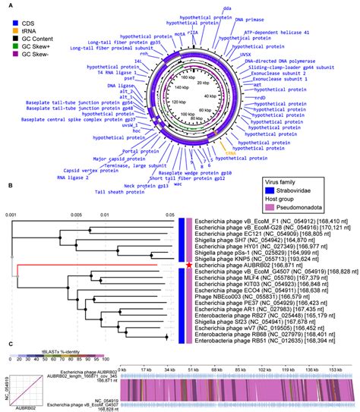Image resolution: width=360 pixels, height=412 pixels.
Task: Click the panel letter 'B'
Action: [9, 206]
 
